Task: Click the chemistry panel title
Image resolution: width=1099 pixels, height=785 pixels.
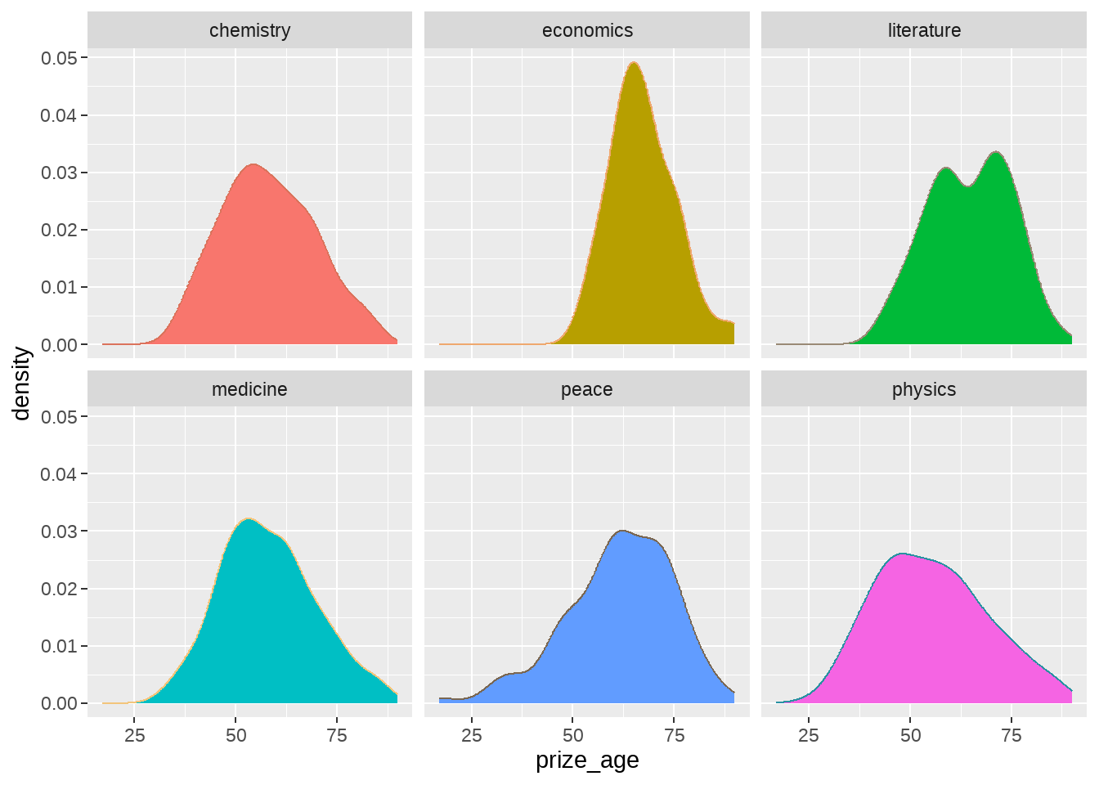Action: point(249,30)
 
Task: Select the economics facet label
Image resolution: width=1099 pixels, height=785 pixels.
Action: point(587,30)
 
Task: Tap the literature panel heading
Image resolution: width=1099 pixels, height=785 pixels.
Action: point(924,30)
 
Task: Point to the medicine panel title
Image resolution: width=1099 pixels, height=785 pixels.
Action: point(249,389)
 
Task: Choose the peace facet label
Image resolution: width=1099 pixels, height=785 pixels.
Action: point(587,390)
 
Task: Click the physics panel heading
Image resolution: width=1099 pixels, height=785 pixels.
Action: point(924,390)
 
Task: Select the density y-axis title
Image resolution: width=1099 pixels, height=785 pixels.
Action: point(21,384)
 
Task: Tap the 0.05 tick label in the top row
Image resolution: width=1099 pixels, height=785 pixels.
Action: point(59,58)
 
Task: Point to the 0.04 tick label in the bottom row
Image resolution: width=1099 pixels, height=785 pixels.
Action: point(59,474)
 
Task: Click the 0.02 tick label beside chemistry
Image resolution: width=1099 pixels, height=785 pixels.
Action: point(59,230)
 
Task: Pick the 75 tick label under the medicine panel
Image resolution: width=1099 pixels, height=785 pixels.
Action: point(337,735)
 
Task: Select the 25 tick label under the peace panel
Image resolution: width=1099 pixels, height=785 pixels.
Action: point(472,735)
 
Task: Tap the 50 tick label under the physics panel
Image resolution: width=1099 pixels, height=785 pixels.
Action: point(910,735)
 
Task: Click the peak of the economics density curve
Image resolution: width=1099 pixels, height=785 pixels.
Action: point(634,62)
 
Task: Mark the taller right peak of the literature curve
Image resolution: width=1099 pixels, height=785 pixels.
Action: point(997,152)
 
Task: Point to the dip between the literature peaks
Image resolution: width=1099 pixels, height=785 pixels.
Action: point(968,186)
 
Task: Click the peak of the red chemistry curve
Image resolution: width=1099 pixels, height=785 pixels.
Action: point(253,164)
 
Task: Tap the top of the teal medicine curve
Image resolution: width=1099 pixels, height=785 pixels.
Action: point(249,518)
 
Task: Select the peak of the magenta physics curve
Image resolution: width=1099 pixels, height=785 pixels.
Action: point(902,554)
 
